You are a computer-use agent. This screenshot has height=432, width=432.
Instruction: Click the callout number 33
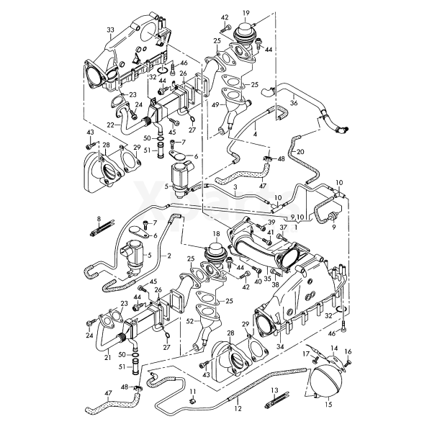pyautogui.click(x=109, y=29)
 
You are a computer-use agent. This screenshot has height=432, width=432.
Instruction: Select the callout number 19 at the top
pyautogui.click(x=246, y=13)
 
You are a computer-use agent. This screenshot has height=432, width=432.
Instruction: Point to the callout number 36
pyautogui.click(x=293, y=103)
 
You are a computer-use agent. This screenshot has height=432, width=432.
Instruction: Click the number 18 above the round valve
pyautogui.click(x=215, y=235)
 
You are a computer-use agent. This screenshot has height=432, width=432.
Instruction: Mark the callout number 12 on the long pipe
pyautogui.click(x=238, y=408)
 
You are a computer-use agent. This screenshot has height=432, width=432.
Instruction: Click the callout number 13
pyautogui.click(x=274, y=390)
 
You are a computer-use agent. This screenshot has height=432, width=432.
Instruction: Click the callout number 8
pyautogui.click(x=99, y=218)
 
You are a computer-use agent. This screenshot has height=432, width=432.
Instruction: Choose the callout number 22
pyautogui.click(x=110, y=125)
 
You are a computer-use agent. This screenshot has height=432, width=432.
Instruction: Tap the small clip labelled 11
pyautogui.click(x=193, y=400)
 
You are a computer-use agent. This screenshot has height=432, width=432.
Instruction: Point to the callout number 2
pyautogui.click(x=168, y=256)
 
